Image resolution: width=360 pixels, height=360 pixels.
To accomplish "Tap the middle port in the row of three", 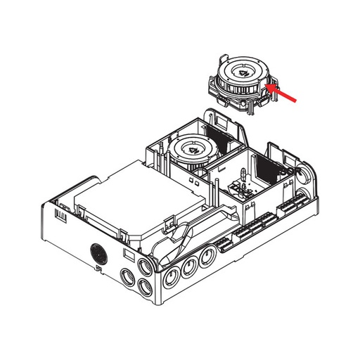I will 188,267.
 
